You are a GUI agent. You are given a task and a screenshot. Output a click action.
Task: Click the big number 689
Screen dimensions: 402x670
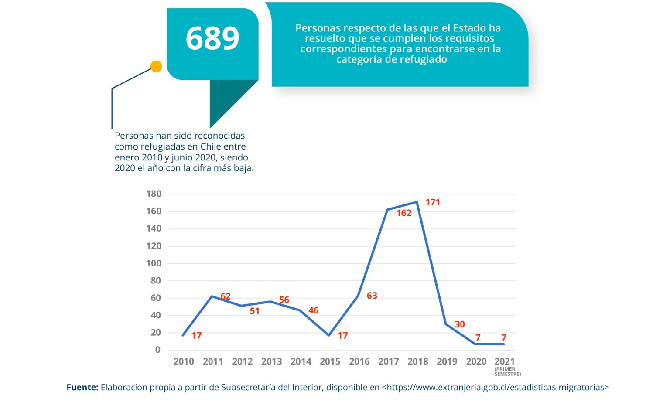(212, 38)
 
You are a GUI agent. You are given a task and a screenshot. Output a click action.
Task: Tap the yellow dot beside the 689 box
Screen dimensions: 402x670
(156, 67)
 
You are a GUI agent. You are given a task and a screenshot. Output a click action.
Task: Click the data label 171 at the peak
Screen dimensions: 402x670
(433, 202)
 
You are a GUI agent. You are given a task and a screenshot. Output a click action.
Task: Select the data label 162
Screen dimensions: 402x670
(404, 213)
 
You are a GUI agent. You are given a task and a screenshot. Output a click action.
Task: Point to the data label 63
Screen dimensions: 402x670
(372, 296)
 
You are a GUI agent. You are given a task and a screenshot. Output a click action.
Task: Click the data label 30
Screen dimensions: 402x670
(460, 324)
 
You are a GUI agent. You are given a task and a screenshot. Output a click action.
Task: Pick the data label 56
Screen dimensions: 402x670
(284, 300)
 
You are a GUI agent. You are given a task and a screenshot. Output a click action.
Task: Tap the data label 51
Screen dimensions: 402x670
(255, 311)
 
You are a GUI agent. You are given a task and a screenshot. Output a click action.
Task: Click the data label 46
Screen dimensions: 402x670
(313, 310)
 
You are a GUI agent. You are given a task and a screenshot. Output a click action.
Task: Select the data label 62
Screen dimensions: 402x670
(226, 296)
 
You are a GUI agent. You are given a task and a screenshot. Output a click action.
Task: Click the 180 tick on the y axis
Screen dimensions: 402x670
(154, 194)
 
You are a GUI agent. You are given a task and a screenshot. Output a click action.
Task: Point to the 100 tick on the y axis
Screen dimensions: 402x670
(154, 263)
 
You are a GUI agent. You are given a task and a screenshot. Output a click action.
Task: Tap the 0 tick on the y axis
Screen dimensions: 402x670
(158, 350)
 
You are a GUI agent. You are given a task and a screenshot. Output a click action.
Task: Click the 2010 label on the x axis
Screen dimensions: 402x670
(184, 361)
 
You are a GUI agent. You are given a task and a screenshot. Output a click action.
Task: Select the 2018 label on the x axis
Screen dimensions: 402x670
(418, 361)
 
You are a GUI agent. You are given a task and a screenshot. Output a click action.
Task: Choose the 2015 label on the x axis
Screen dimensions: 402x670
(330, 361)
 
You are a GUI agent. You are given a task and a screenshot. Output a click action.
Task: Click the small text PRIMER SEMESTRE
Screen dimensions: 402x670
(507, 371)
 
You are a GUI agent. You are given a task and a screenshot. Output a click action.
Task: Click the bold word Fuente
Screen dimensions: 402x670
(82, 387)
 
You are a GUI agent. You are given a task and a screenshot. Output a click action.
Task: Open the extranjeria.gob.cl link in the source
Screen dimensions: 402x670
(496, 387)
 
